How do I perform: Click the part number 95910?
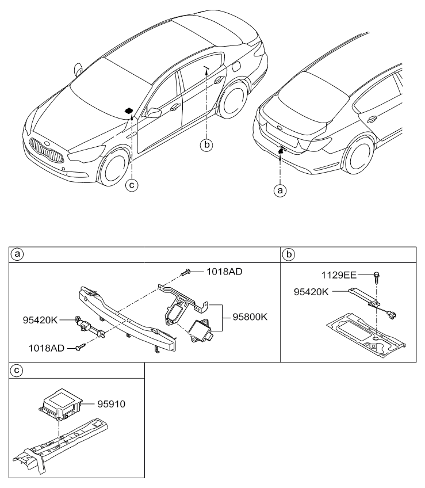click(112, 404)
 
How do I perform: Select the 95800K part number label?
click(250, 317)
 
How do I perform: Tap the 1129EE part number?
click(339, 275)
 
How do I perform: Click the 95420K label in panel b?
click(311, 292)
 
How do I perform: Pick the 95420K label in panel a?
click(40, 320)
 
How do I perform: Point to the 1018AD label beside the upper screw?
click(224, 272)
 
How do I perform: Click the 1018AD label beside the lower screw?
click(47, 348)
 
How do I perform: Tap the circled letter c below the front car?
click(132, 185)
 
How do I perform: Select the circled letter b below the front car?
click(206, 145)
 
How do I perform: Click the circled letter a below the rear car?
click(280, 190)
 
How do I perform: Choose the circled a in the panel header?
click(17, 254)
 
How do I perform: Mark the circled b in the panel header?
click(289, 254)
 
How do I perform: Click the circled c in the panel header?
click(17, 371)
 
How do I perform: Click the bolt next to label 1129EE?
click(377, 277)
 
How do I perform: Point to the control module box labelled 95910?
click(60, 404)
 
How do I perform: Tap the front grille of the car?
click(47, 151)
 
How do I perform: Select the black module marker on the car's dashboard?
click(128, 110)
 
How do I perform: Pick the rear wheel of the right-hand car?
click(359, 155)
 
